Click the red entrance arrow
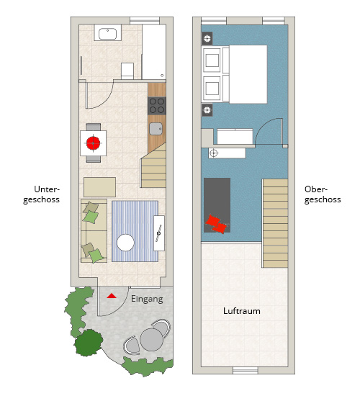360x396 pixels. pyautogui.click(x=112, y=296)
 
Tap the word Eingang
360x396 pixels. pyautogui.click(x=147, y=300)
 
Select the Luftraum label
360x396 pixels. pyautogui.click(x=242, y=310)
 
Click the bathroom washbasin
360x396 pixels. pyautogui.click(x=107, y=34)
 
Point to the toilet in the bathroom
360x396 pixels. pyautogui.click(x=127, y=71)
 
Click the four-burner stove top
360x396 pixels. pyautogui.click(x=157, y=106)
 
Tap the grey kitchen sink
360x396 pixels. pyautogui.click(x=156, y=129)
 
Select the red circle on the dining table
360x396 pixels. pyautogui.click(x=93, y=143)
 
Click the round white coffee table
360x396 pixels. pyautogui.click(x=125, y=243)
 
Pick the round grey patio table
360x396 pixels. pyautogui.click(x=151, y=339)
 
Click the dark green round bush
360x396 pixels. pyautogui.click(x=89, y=343)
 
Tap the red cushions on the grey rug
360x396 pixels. pyautogui.click(x=216, y=224)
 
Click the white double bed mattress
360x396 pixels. pyautogui.click(x=248, y=74)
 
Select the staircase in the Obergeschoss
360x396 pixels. pyautogui.click(x=275, y=223)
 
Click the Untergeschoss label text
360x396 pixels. pyautogui.click(x=42, y=194)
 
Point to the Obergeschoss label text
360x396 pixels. pyautogui.click(x=323, y=194)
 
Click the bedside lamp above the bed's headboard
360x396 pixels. pyautogui.click(x=207, y=38)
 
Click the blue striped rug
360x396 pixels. pyautogui.click(x=135, y=231)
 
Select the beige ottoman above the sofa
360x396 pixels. pyautogui.click(x=100, y=187)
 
